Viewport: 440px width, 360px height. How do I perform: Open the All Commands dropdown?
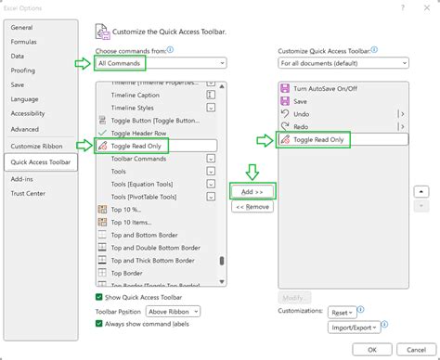coord(161,63)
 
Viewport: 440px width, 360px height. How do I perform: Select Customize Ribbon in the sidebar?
coord(37,147)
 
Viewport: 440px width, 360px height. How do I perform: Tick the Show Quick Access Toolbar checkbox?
coord(100,297)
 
